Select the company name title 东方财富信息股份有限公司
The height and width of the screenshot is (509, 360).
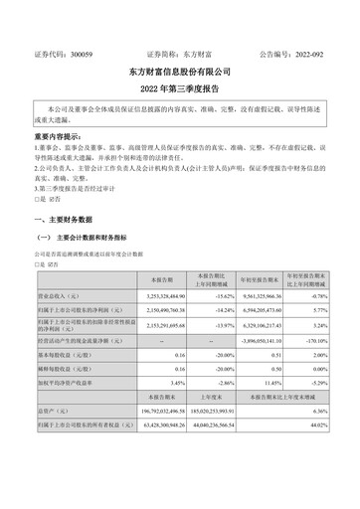coord(180,73)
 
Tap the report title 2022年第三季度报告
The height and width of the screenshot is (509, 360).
coord(180,87)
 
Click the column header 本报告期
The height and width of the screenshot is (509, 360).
coord(161,281)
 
